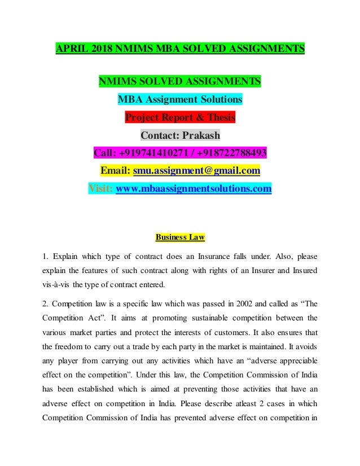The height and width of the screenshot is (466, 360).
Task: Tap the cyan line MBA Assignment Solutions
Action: [180, 100]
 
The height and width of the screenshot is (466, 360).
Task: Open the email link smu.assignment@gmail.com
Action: [196, 170]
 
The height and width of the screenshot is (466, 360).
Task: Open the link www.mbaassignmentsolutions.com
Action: [194, 188]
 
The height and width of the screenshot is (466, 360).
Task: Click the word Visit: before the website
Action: [100, 188]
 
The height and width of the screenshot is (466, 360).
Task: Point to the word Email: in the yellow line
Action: [115, 170]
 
